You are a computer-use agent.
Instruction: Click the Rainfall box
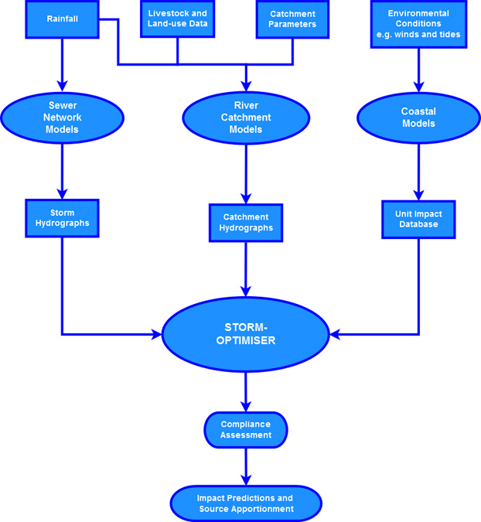coord(63,19)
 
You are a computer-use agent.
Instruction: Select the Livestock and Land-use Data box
coord(177,19)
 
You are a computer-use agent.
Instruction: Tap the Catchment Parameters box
coord(292,19)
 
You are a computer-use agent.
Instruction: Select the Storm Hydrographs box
coord(63,217)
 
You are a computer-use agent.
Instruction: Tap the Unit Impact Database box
coord(418,219)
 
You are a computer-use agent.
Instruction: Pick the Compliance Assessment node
coord(246,429)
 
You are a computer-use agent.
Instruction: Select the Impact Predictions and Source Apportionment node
coord(246,503)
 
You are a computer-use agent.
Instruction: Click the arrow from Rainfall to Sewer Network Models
coord(63,65)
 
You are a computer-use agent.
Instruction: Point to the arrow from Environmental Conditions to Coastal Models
coord(418,70)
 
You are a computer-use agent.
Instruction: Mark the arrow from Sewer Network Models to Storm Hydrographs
coord(63,171)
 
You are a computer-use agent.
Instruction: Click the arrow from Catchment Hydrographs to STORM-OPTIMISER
coord(246,271)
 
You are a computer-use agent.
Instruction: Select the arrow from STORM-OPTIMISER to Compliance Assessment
coord(246,391)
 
